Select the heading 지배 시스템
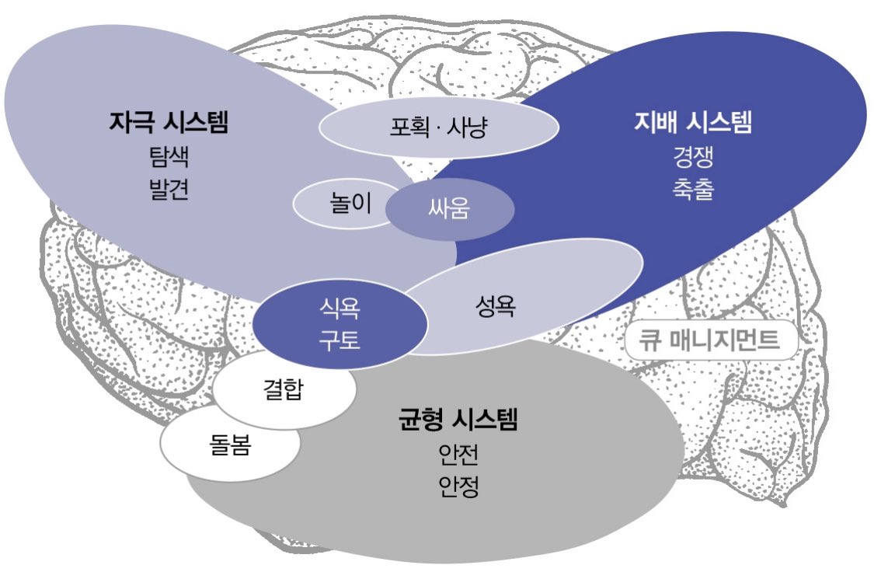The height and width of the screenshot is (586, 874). [x=693, y=123]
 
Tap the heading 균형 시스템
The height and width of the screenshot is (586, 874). [x=458, y=422]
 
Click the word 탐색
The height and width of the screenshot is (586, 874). [x=169, y=158]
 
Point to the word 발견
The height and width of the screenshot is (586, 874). [x=169, y=191]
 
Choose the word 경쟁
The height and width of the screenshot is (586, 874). [x=693, y=158]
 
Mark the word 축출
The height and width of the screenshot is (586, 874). [x=693, y=191]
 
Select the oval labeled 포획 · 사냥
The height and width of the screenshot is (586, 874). [x=439, y=127]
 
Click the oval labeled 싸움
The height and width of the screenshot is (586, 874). [x=450, y=208]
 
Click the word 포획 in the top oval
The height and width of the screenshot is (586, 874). [x=409, y=127]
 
